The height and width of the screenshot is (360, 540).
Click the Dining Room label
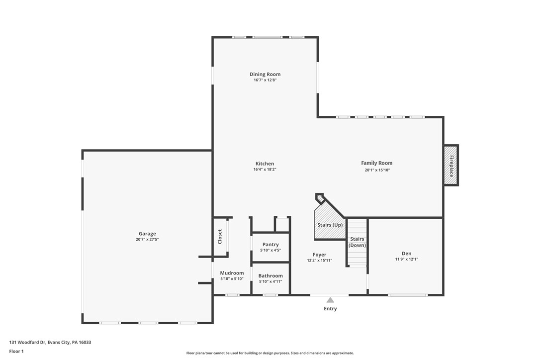pos(265,74)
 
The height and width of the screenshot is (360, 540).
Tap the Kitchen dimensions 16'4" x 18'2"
pos(265,170)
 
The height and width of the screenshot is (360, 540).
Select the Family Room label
pos(376,163)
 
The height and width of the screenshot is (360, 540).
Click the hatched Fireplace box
pos(450,166)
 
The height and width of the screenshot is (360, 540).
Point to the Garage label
pos(147,233)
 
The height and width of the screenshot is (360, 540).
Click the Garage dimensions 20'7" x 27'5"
pos(147,240)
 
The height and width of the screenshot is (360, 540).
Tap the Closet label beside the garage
pos(220,237)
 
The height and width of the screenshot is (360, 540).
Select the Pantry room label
pos(270,244)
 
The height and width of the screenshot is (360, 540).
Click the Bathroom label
pos(270,275)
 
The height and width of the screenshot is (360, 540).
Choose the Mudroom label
pos(232,272)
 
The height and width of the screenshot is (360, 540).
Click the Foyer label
pos(319,254)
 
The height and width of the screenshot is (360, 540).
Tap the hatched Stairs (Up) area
pos(330,225)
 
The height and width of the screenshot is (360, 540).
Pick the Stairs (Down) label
pos(357,242)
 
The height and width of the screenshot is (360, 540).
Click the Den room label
pos(406,253)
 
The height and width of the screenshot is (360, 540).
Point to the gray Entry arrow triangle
pos(330,300)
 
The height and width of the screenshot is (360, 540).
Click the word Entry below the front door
pos(330,309)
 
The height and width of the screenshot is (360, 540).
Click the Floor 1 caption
pos(16,351)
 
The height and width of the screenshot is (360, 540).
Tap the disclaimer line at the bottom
pos(270,353)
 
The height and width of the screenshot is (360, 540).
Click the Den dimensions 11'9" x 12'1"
pos(406,260)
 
